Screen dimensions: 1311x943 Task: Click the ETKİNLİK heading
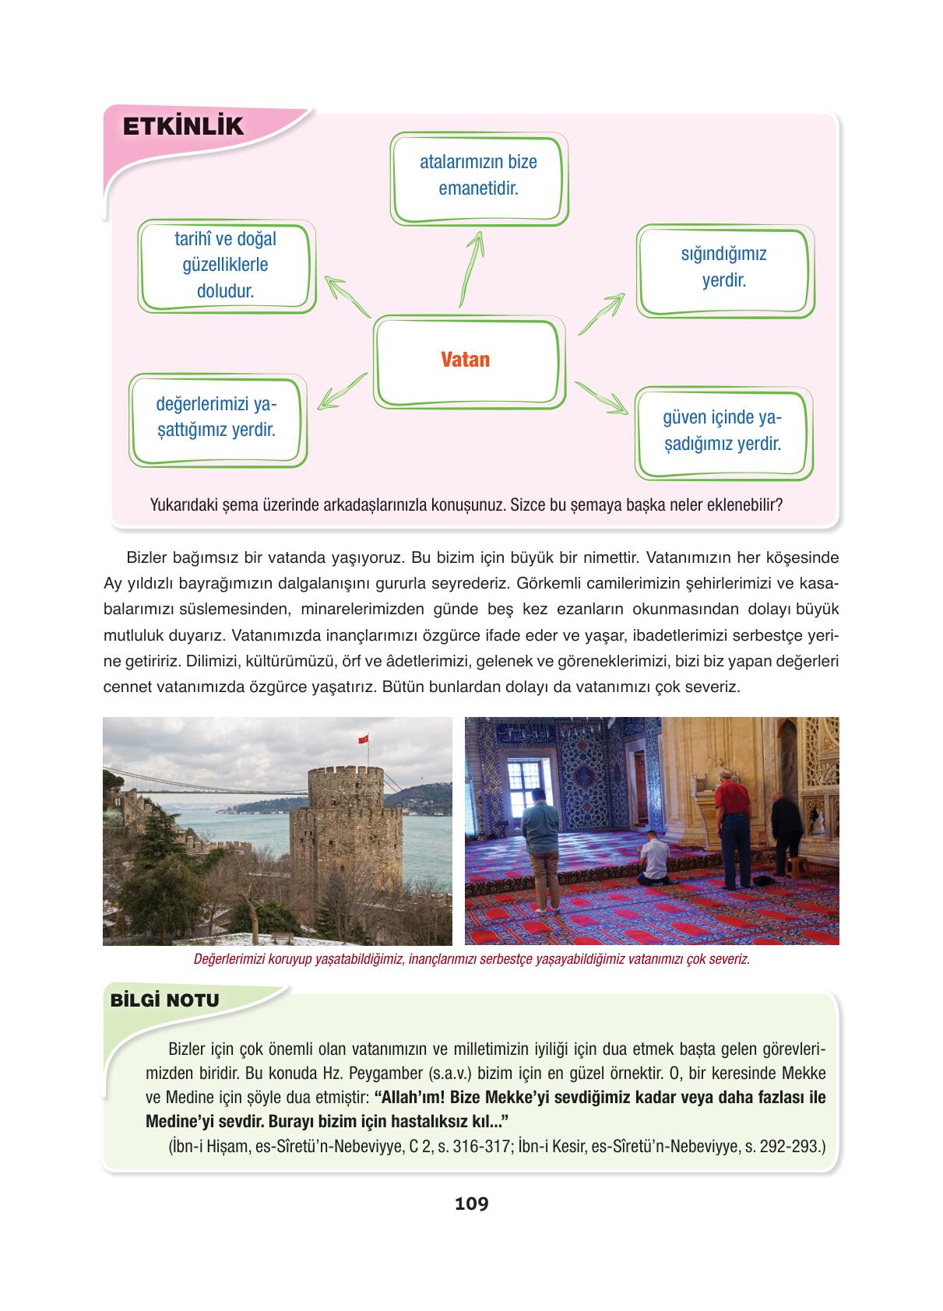tap(184, 126)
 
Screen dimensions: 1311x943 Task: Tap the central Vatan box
tap(466, 360)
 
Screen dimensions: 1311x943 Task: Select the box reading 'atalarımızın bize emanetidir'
tap(478, 176)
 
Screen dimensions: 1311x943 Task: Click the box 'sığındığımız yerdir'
tap(724, 267)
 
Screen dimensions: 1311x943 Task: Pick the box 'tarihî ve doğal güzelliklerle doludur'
tap(226, 265)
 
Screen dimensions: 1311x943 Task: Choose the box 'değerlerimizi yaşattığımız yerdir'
tap(216, 417)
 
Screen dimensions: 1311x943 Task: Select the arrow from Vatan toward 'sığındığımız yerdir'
tap(601, 313)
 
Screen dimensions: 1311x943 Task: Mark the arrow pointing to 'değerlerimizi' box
tap(343, 391)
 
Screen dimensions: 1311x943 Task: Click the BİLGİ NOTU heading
tap(165, 1000)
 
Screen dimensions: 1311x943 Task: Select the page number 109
tap(471, 1204)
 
